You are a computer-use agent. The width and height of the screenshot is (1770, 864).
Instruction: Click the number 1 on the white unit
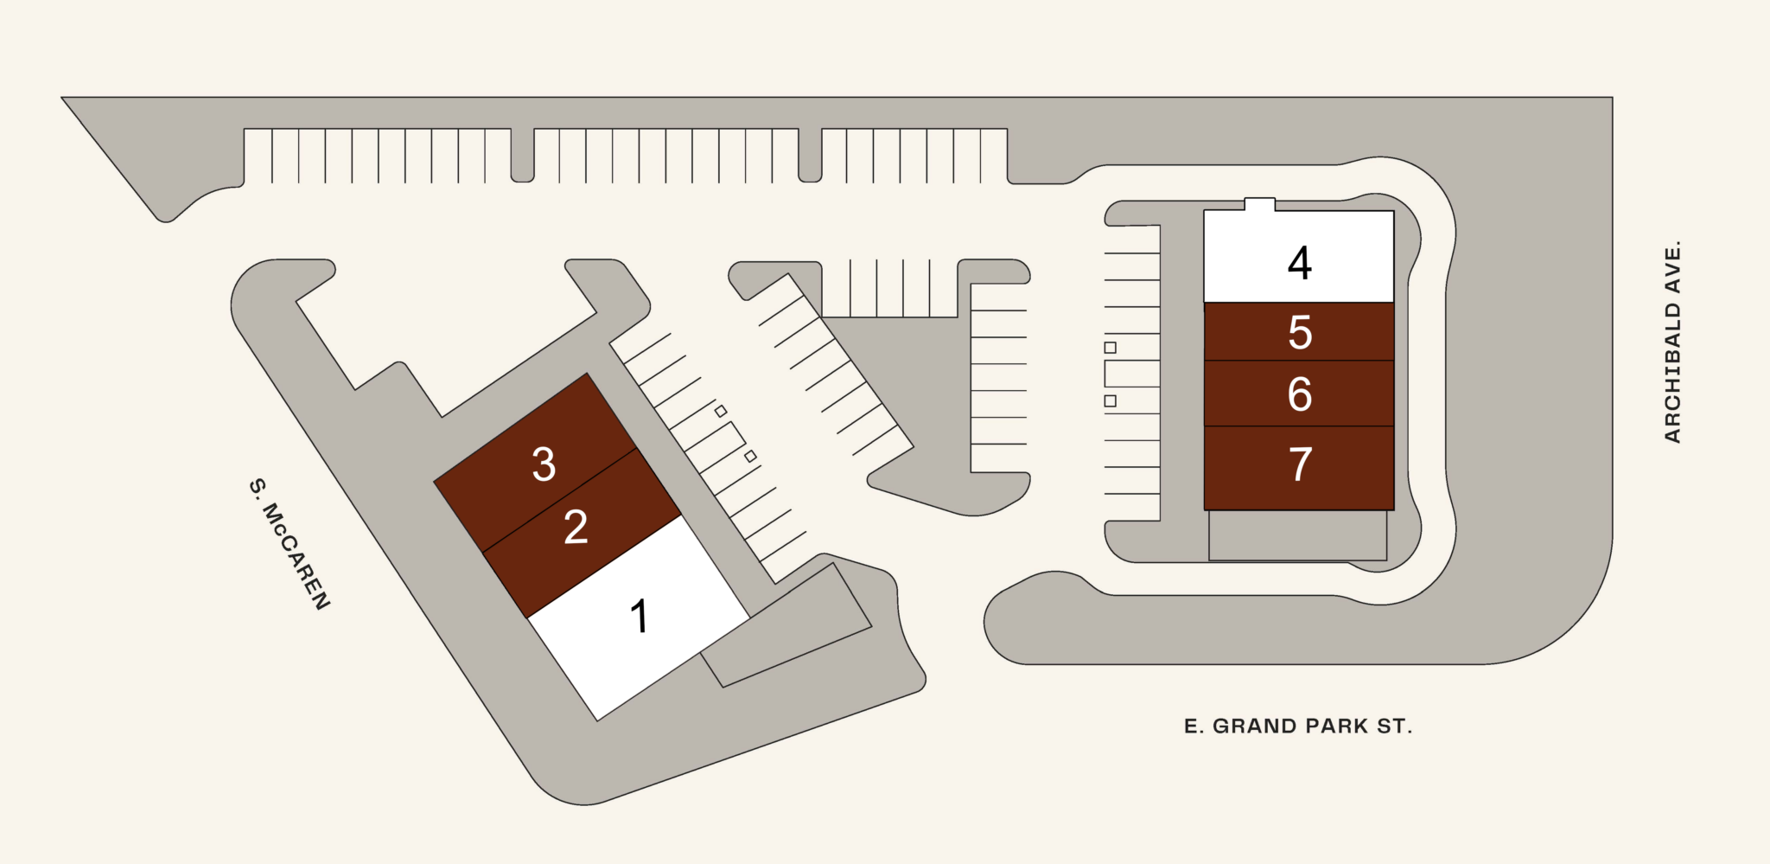[640, 617]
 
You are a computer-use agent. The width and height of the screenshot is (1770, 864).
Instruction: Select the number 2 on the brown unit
[576, 527]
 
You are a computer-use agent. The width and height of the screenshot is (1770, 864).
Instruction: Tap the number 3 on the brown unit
[544, 464]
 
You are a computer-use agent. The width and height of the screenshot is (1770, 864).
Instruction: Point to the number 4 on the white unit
[1300, 262]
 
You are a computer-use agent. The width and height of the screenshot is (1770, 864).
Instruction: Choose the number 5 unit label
[1300, 333]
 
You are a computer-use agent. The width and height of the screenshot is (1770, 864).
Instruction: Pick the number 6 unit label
[1300, 394]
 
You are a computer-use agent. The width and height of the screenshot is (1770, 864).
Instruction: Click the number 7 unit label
[1300, 464]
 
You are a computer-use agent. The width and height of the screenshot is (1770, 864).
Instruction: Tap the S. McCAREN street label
[290, 544]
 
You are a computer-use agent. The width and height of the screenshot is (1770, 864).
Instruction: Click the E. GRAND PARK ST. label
[1298, 726]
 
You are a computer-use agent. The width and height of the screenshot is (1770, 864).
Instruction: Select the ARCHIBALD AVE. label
[1673, 342]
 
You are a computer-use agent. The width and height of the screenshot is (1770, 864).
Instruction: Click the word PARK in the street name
[1338, 726]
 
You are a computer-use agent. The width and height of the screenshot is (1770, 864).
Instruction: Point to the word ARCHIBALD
[1673, 373]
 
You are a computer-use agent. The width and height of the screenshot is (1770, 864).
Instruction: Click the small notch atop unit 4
[1260, 204]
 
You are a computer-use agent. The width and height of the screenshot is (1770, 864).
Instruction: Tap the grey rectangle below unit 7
[1298, 535]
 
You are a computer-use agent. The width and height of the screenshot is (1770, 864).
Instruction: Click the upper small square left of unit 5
[1111, 348]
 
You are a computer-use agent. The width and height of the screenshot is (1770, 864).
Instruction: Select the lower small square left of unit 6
[1111, 401]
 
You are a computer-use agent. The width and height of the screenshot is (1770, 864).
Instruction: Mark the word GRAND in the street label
[1255, 726]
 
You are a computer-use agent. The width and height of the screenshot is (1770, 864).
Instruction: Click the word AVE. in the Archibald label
[1673, 267]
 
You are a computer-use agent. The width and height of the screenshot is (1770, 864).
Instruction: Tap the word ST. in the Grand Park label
[1395, 726]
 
